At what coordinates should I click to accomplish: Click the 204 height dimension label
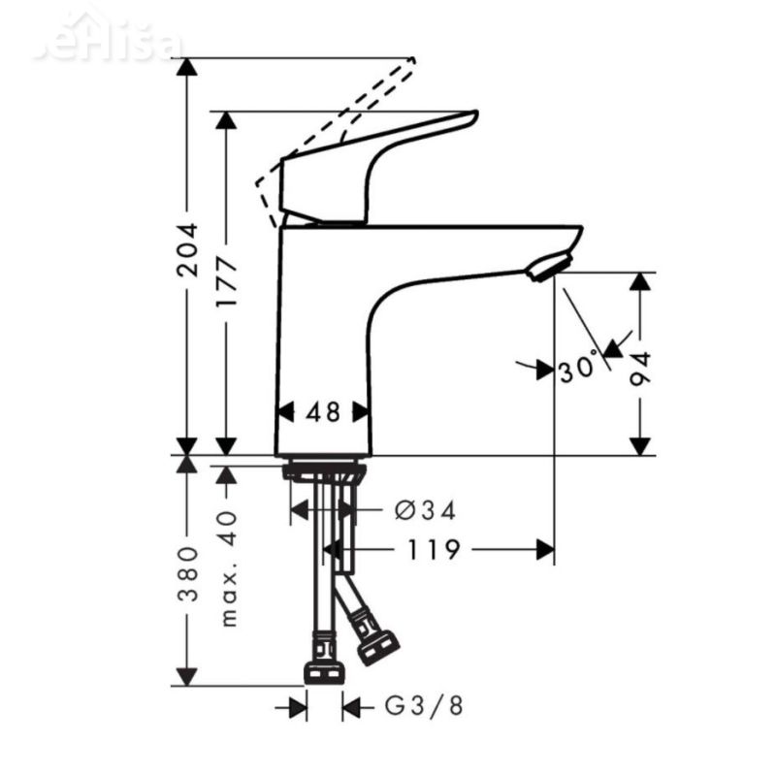[187, 250]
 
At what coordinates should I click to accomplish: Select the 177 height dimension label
[226, 282]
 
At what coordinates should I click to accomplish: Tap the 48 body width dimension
[323, 412]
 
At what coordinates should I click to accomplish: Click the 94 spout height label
[640, 368]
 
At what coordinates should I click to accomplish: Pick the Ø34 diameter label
[426, 510]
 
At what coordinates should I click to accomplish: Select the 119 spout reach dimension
[434, 550]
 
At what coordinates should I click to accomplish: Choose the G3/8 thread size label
[425, 706]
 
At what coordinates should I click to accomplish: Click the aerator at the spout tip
[550, 266]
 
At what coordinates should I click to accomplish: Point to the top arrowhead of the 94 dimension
[640, 282]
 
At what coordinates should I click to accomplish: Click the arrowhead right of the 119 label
[544, 550]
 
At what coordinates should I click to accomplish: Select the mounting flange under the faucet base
[324, 472]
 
